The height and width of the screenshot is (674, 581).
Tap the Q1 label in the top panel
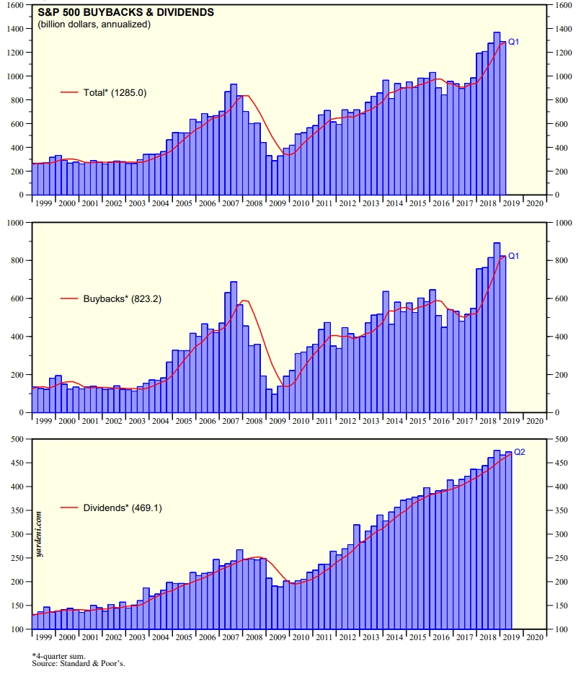(x=514, y=43)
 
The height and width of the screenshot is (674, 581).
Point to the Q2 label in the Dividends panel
(x=519, y=452)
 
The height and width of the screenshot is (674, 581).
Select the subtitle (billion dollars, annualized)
(x=94, y=25)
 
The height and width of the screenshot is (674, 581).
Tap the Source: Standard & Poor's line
(x=74, y=663)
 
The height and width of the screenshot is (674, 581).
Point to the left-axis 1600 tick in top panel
(x=16, y=5)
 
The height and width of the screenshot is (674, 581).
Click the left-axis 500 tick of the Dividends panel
(x=19, y=439)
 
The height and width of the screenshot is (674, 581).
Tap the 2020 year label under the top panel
(x=534, y=203)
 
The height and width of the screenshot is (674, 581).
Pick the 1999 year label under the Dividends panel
(x=43, y=638)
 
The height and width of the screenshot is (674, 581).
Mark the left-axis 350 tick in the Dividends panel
(x=19, y=510)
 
